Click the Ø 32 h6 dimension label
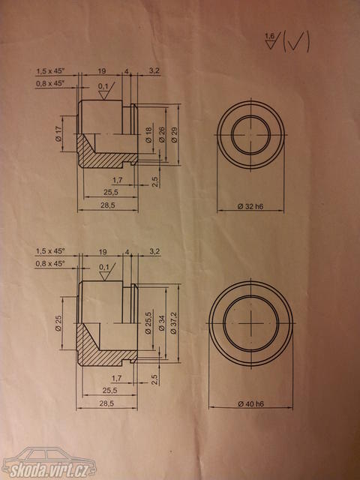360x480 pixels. (x=250, y=207)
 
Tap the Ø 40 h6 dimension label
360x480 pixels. (x=250, y=404)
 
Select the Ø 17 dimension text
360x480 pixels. (x=58, y=133)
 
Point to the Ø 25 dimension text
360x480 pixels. (x=58, y=323)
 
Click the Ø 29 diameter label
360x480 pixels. (x=175, y=134)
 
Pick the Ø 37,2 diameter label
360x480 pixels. (x=174, y=323)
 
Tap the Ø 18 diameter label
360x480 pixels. (x=148, y=134)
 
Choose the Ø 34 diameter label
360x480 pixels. (x=161, y=323)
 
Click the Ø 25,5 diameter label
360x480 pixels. (x=148, y=323)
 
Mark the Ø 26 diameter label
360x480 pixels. (x=162, y=134)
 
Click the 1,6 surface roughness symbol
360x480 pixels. (x=271, y=40)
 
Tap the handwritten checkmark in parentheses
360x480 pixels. (x=296, y=43)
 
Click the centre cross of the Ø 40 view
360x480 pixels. (x=250, y=323)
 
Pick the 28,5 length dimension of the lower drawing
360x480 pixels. (x=106, y=403)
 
